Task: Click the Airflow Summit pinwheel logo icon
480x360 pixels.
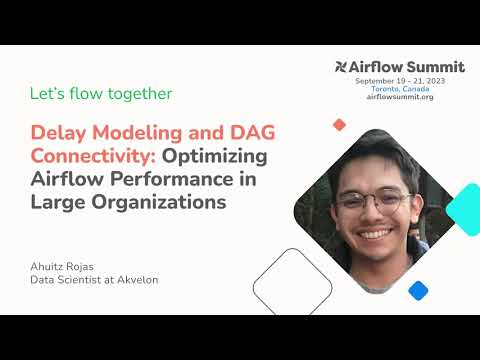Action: click(342, 67)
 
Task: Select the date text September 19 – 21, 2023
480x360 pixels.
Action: click(400, 79)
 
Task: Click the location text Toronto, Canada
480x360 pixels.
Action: click(400, 88)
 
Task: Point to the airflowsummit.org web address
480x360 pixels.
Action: click(400, 97)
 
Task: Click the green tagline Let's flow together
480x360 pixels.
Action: click(100, 94)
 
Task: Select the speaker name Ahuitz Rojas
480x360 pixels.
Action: click(66, 265)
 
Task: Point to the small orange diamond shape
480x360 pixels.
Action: click(339, 125)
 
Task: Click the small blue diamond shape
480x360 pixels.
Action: click(418, 290)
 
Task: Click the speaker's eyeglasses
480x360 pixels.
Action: click(374, 200)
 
